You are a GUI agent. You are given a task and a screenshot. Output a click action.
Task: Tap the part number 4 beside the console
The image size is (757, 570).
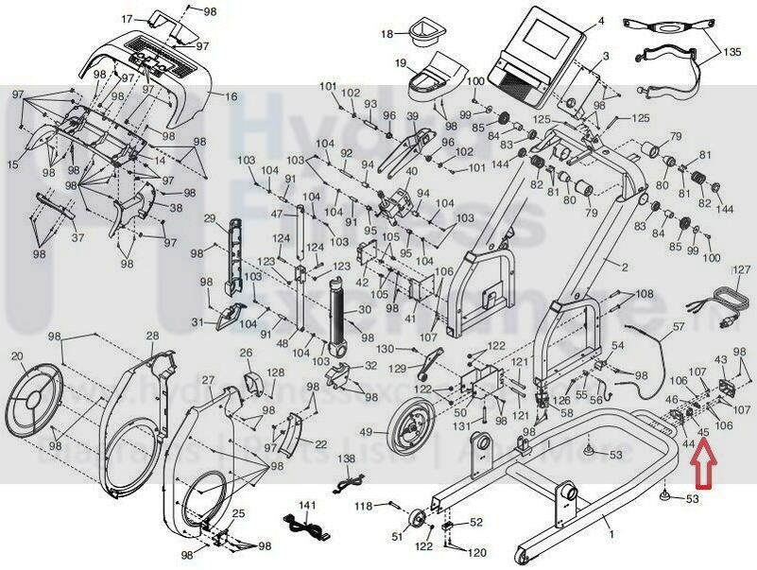pos(600,21)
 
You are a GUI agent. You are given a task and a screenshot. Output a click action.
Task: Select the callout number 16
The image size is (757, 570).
pos(231,96)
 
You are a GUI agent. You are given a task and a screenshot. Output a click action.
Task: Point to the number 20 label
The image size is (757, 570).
pos(17,356)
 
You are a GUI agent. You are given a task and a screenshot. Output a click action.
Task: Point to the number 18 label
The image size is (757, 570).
pos(387,34)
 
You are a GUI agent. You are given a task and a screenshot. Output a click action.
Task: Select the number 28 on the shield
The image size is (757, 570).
pos(152,337)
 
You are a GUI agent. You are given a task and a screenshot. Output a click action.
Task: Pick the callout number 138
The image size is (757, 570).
pos(348,458)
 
